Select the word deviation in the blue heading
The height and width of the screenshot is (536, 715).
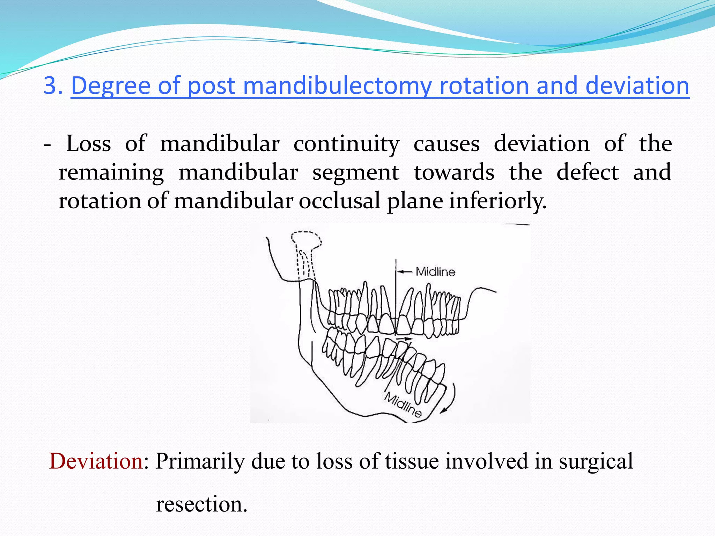[x=637, y=86]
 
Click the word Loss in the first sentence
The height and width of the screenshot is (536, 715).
[x=88, y=144]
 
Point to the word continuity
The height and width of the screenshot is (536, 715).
[x=346, y=144]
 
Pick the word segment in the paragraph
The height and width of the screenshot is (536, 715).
[x=355, y=172]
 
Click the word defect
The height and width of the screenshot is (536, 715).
[x=587, y=172]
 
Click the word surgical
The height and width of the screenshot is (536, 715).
[x=596, y=461]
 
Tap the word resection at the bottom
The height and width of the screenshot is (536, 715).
[x=201, y=505]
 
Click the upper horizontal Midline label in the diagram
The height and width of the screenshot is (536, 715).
[x=435, y=272]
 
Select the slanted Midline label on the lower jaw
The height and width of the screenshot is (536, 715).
[x=403, y=405]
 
